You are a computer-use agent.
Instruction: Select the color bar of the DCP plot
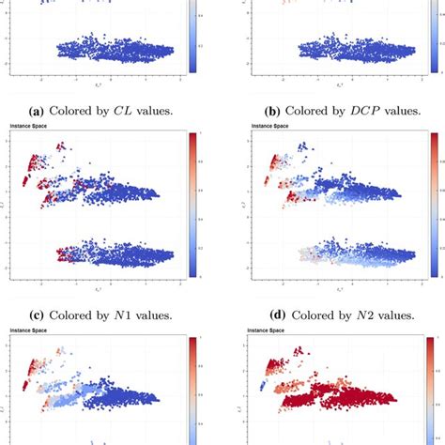click(434, 38)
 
